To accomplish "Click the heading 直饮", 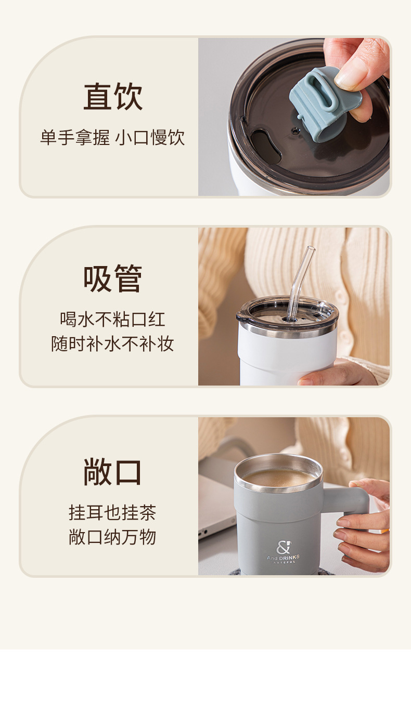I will (113, 97).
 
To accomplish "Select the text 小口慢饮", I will (150, 138).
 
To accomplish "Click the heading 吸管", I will (113, 279).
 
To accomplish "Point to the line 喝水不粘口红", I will (112, 319).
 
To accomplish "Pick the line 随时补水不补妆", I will (112, 343).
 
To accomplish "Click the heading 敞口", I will (113, 472).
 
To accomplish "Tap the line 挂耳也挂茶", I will (112, 512).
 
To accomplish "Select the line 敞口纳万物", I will (112, 537).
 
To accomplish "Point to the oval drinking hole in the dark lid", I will (265, 145).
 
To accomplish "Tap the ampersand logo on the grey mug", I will (283, 548).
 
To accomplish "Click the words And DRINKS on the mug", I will (283, 558).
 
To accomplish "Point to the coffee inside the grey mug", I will (278, 477).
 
